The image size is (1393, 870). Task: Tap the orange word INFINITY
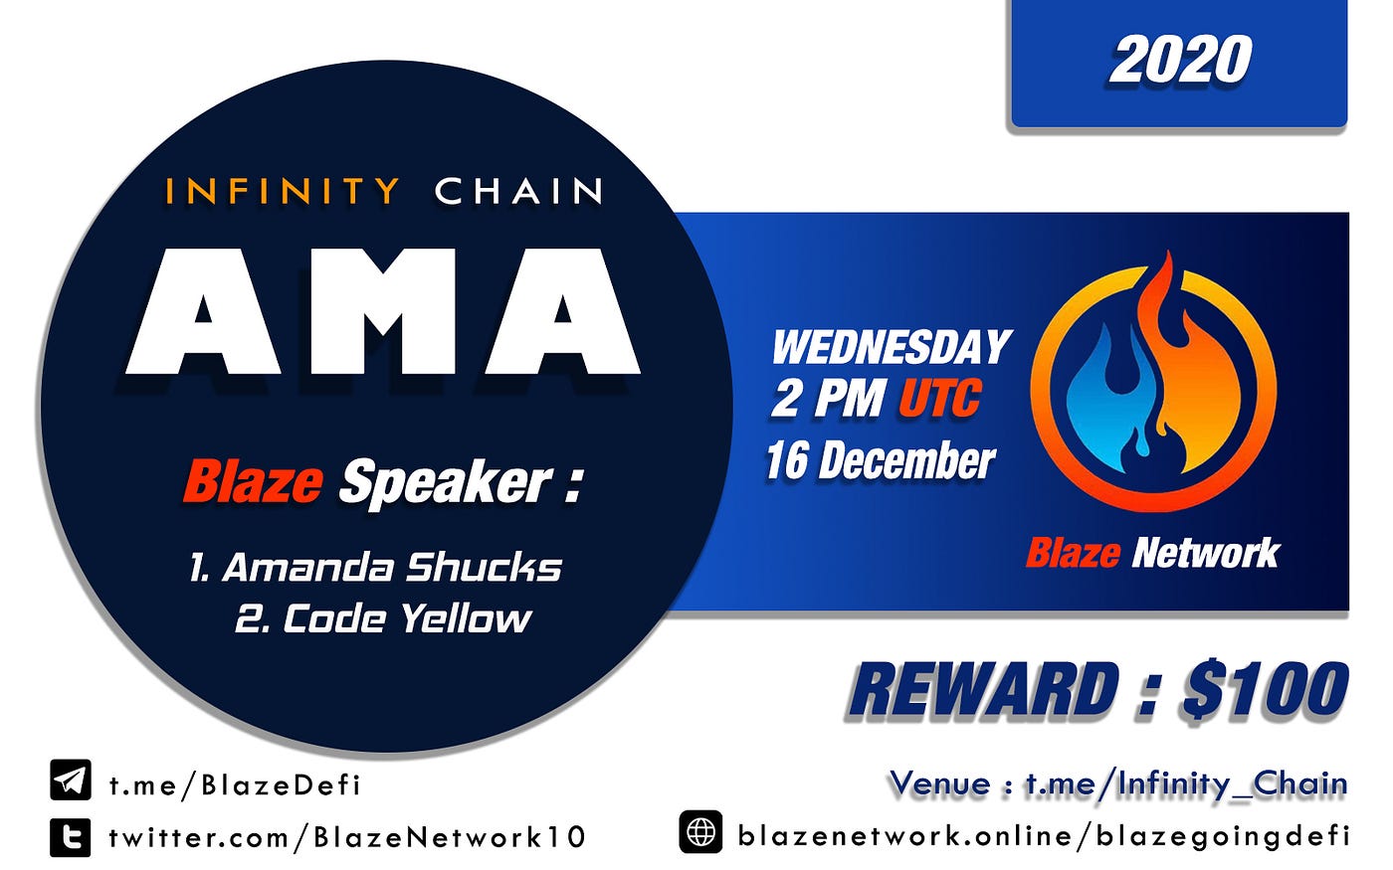(283, 191)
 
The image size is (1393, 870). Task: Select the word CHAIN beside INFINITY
(518, 191)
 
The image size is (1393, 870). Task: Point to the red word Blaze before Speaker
(253, 481)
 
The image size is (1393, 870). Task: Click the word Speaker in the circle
(446, 485)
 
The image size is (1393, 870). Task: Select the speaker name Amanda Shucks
(375, 567)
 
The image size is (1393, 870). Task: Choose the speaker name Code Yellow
(383, 617)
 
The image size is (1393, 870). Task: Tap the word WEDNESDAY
(892, 347)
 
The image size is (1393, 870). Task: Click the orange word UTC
(939, 398)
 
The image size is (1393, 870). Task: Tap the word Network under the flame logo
(1206, 553)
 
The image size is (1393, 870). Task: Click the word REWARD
(983, 690)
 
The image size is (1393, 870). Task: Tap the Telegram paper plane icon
(71, 780)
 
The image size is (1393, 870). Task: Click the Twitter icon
(71, 836)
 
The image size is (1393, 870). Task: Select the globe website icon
(700, 831)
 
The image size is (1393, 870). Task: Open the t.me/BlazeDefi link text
(235, 785)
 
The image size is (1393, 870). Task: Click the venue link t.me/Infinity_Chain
(1186, 784)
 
